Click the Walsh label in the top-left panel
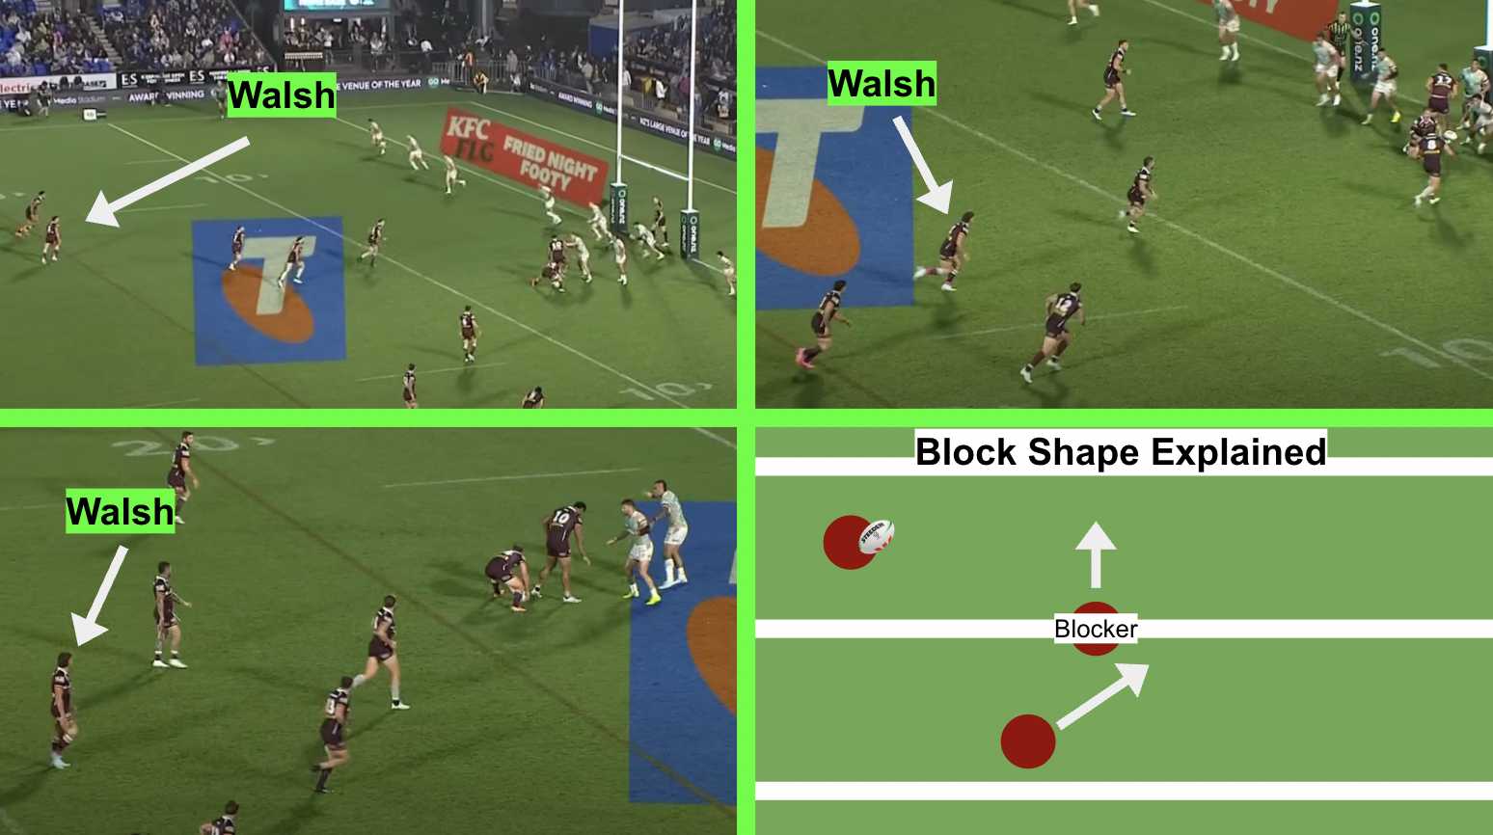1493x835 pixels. point(282,95)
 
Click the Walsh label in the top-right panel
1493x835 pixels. point(882,84)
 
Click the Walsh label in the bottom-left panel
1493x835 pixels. point(120,511)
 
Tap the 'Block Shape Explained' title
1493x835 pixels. point(1121,451)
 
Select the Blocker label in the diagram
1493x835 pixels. point(1096,630)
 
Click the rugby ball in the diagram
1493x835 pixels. point(876,536)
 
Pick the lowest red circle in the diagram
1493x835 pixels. point(1027,741)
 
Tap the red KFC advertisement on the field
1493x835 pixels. point(523,154)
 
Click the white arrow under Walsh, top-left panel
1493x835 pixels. point(169,180)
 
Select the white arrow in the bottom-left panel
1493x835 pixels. point(100,596)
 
